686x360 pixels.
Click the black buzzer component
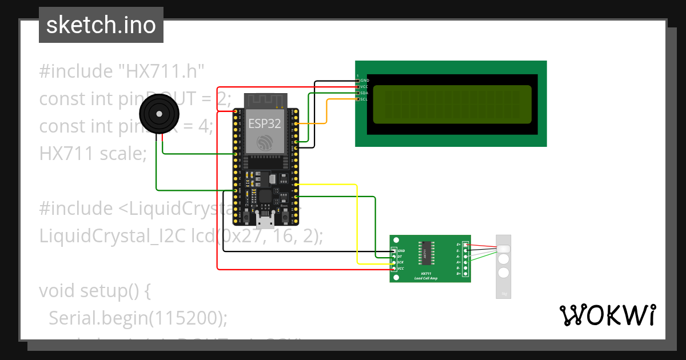point(158,114)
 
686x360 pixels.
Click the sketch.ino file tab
point(101,25)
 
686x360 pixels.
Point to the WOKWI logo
point(607,315)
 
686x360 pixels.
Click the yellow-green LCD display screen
point(452,105)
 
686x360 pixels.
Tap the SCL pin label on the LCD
point(364,99)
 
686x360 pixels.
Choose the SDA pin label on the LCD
point(364,93)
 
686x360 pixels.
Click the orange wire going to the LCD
point(326,111)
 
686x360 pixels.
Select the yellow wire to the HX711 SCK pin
point(357,223)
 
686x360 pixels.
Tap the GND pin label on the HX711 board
point(401,250)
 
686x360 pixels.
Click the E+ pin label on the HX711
point(458,245)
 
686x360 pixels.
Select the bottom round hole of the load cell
point(503,273)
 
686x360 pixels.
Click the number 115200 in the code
point(188,317)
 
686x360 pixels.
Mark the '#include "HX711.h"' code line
point(122,71)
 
